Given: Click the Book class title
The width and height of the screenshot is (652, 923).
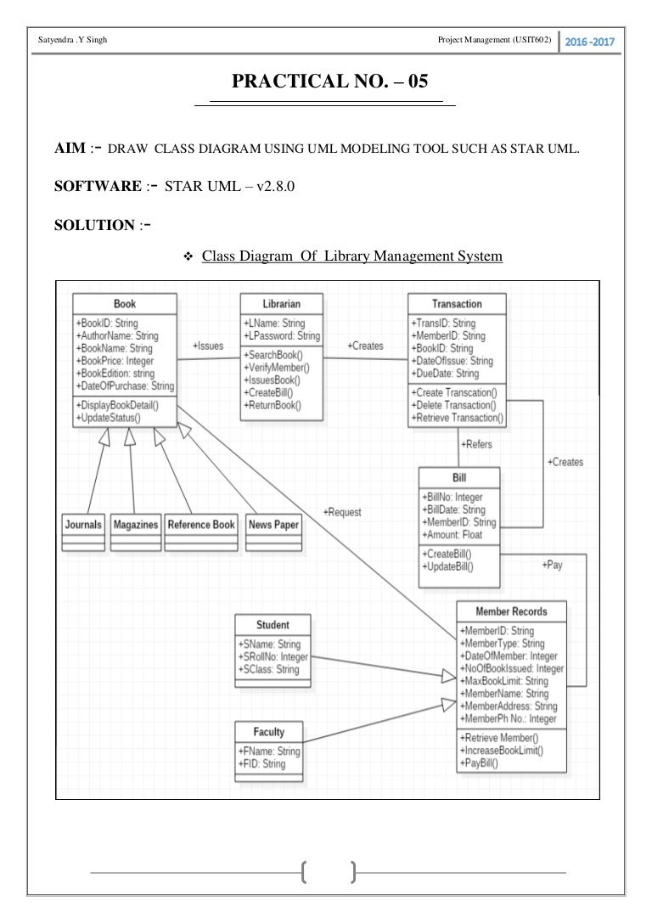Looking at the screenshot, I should coord(124,304).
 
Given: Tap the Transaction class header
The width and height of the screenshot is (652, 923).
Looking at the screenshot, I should coord(457,304).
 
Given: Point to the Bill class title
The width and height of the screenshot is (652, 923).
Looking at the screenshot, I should coord(458,477).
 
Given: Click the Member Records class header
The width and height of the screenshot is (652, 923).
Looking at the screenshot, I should coord(511,611).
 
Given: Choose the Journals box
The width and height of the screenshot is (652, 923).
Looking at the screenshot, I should coord(83,525).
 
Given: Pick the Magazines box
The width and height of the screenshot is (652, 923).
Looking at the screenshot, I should coord(136,525).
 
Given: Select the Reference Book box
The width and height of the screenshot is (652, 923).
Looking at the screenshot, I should coord(201,525).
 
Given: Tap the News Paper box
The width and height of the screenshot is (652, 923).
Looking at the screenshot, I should coord(273,525).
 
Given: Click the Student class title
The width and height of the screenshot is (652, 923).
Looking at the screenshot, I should coord(273,626).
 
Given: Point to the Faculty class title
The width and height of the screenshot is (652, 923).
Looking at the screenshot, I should coord(269,732).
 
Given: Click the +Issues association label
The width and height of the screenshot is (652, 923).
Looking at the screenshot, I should coord(208,346).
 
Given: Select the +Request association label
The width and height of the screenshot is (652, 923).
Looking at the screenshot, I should coord(342,512).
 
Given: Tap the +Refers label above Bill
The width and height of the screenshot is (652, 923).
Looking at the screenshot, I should coord(475,444).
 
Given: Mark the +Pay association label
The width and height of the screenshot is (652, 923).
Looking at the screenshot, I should coord(552,565).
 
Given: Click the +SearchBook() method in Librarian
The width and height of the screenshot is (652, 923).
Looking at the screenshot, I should coord(274,354).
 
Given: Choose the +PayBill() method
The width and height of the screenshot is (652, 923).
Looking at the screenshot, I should coord(481,763).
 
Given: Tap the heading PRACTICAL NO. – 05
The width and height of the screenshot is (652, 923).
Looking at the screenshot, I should coord(325,82).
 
